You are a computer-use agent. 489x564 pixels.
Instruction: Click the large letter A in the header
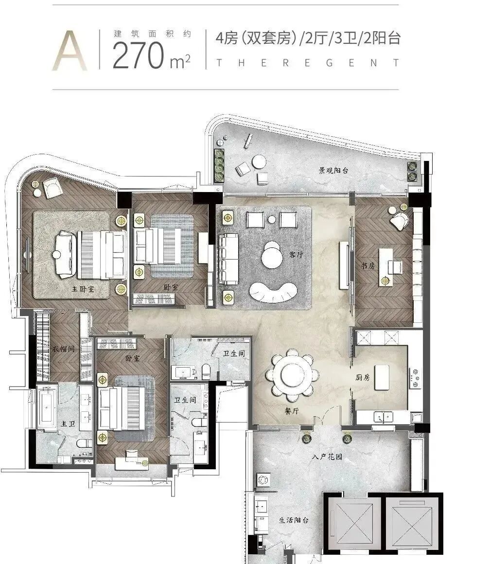[70, 51]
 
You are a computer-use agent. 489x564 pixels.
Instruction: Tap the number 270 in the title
[139, 55]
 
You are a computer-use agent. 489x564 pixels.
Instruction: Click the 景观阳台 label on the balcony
[333, 170]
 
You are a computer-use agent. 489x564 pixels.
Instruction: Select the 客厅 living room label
[296, 254]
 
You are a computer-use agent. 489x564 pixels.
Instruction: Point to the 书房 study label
[368, 266]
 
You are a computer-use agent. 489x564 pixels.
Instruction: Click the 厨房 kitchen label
[363, 377]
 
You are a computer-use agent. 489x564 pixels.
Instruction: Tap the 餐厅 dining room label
[292, 411]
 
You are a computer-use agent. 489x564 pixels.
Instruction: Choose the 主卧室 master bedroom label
[83, 288]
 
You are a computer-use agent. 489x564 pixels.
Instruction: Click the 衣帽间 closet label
[63, 349]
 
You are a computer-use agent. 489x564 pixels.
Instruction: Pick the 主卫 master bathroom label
[68, 423]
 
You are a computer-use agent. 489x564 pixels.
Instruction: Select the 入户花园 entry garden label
[327, 457]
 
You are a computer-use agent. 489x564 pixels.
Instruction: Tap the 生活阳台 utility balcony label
[294, 520]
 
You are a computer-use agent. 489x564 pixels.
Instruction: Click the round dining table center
[292, 374]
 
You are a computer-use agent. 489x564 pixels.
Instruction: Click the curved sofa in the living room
[274, 291]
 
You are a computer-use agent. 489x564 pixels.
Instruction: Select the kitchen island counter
[382, 378]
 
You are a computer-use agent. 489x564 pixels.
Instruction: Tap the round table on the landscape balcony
[259, 161]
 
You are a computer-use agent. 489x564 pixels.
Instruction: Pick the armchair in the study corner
[400, 220]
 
